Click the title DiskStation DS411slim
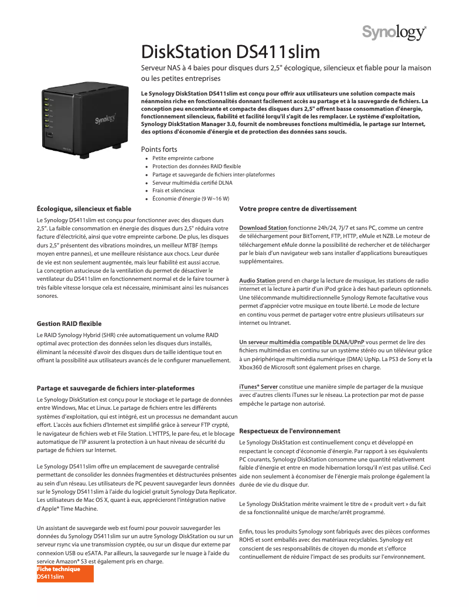tap(231, 52)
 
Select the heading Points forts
tap(159, 150)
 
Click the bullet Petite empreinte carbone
tap(183, 158)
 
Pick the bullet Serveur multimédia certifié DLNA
tap(192, 182)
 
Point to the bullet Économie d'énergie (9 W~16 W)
tap(190, 199)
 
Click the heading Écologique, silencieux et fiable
tap(84, 208)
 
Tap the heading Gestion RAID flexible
tap(69, 323)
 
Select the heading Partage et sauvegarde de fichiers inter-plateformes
tap(115, 388)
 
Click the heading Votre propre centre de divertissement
tap(298, 209)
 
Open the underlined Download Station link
tap(263, 227)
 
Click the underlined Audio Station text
tap(257, 281)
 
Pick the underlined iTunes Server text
tap(258, 387)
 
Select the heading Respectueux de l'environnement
tap(290, 431)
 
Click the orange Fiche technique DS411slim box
tap(65, 573)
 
